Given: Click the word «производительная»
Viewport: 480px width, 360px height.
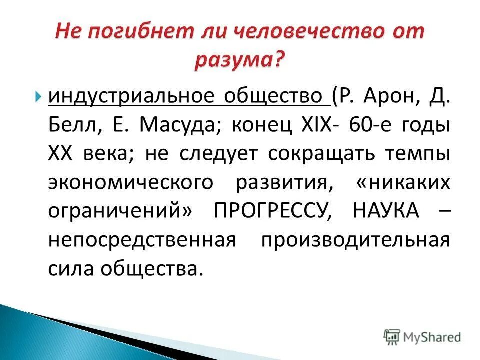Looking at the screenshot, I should tap(355, 240).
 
